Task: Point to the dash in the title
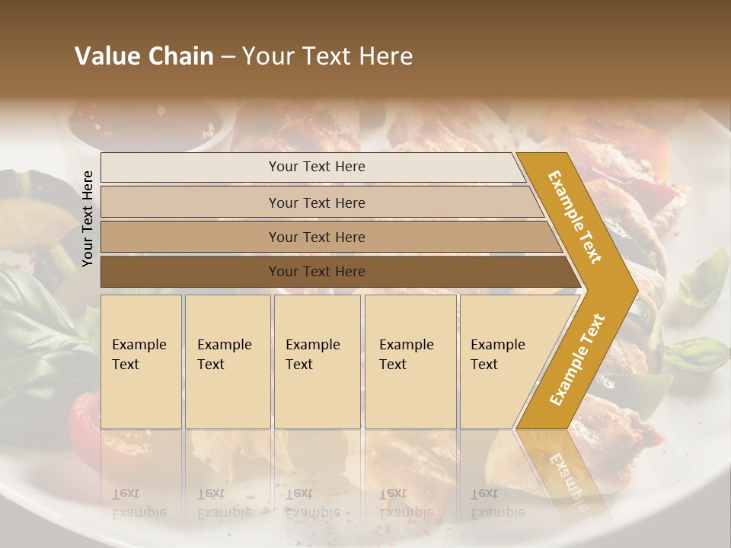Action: (x=228, y=57)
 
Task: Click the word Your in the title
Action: (x=266, y=56)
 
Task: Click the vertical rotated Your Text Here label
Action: (x=88, y=218)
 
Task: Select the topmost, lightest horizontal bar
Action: (x=312, y=167)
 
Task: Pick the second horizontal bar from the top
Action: (x=320, y=202)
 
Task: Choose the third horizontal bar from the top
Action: (x=327, y=237)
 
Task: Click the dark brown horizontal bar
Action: (x=335, y=272)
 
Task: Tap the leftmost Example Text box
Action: (x=141, y=362)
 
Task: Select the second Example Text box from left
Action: (x=227, y=362)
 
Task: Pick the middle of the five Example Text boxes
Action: (x=317, y=362)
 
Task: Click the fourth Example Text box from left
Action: (x=410, y=362)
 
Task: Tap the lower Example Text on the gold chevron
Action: (x=577, y=359)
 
